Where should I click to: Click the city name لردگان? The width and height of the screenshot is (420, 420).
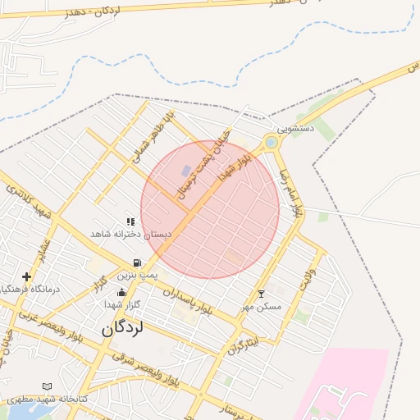pos(123,328)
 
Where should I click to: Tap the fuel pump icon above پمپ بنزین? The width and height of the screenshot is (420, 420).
pos(135,263)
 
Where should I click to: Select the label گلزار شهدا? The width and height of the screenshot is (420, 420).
pos(123,304)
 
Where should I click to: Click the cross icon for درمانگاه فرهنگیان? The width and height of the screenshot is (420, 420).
pos(26,277)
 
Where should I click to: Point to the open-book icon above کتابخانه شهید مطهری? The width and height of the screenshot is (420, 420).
pos(47,386)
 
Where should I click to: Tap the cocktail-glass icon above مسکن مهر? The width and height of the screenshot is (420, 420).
pos(262,294)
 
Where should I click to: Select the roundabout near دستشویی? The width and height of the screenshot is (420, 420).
pos(271,143)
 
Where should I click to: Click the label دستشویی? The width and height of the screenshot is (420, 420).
pos(295,129)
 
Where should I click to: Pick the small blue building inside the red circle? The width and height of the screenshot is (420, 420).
pos(187,171)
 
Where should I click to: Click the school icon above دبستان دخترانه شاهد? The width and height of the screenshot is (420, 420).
pos(130,221)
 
